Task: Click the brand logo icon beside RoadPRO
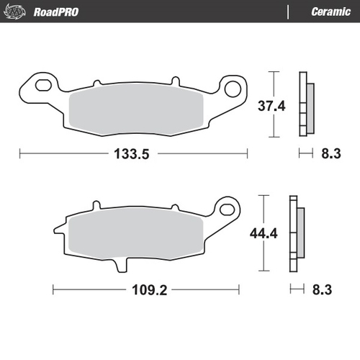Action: point(18,12)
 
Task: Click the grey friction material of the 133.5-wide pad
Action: point(137,108)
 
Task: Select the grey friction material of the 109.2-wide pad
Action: point(137,232)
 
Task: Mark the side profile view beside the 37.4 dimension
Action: point(306,104)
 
